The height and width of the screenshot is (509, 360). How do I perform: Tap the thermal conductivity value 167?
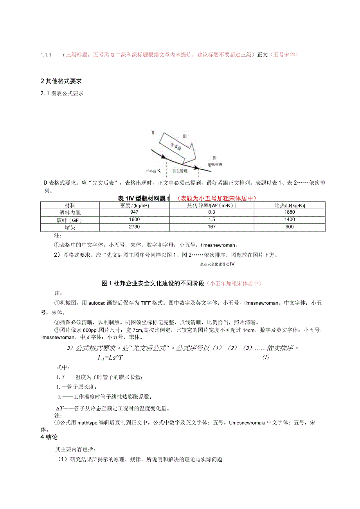click(x=212, y=227)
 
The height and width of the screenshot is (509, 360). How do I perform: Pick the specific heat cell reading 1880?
click(x=290, y=212)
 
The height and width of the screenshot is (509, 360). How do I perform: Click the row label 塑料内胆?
click(x=70, y=212)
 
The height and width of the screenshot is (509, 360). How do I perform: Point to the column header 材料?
click(x=70, y=205)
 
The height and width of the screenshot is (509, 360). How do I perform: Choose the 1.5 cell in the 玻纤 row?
click(x=212, y=220)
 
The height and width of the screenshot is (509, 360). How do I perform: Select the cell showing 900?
click(x=290, y=227)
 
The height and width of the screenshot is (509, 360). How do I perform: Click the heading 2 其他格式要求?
click(x=61, y=81)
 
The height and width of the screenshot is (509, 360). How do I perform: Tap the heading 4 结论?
click(x=49, y=437)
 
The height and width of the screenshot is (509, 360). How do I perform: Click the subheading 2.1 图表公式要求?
click(x=62, y=94)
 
